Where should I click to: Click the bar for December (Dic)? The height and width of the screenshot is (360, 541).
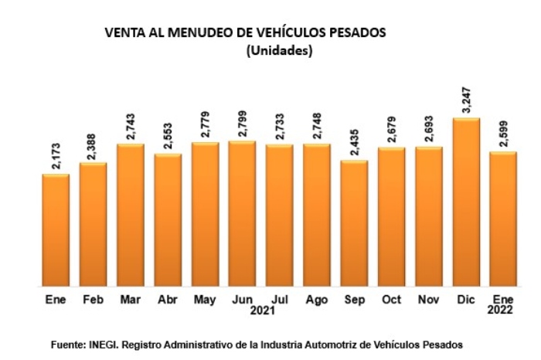pyautogui.click(x=466, y=202)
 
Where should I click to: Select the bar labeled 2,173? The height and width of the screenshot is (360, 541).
pyautogui.click(x=56, y=230)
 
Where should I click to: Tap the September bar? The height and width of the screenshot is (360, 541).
pyautogui.click(x=354, y=223)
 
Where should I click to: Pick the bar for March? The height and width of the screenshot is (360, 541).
pyautogui.click(x=130, y=215)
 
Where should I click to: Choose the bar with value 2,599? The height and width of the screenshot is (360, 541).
pyautogui.click(x=503, y=219)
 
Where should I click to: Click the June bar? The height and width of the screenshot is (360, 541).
pyautogui.click(x=242, y=213)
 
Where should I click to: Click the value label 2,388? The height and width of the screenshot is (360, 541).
pyautogui.click(x=94, y=145)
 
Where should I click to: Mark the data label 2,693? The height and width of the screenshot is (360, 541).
pyautogui.click(x=430, y=129)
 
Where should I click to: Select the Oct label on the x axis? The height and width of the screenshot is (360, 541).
pyautogui.click(x=390, y=299)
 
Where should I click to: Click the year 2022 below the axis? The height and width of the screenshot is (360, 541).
pyautogui.click(x=503, y=311)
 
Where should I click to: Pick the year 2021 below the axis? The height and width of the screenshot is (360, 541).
pyautogui.click(x=260, y=311)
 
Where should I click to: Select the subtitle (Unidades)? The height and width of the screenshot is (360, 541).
pyautogui.click(x=278, y=51)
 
